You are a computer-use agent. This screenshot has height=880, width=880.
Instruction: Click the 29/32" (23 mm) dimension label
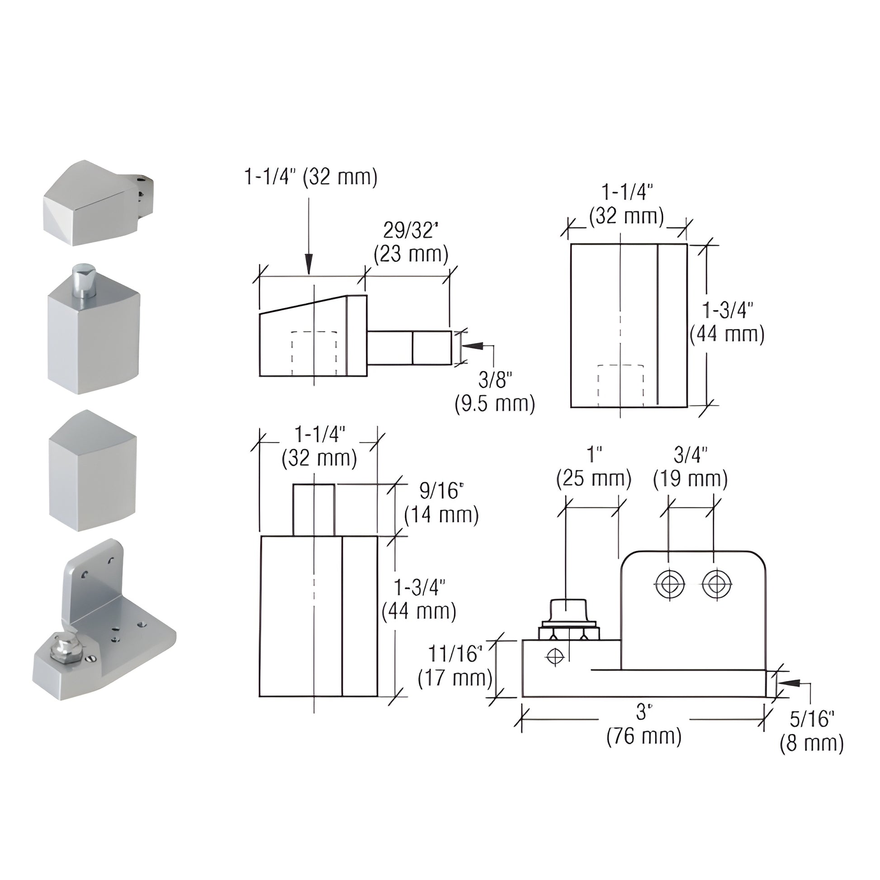click(411, 243)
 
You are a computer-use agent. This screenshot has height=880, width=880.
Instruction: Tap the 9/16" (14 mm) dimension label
click(441, 503)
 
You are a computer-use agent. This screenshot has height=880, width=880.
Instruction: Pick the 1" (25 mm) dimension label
click(593, 467)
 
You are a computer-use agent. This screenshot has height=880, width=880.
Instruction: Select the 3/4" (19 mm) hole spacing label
click(690, 467)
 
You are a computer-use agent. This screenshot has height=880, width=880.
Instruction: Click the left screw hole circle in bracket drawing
click(670, 584)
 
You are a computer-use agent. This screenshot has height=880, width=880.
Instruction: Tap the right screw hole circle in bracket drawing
click(716, 584)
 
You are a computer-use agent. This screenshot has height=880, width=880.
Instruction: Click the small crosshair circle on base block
click(555, 656)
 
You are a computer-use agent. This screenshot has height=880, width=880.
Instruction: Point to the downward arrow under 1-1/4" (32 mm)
click(309, 264)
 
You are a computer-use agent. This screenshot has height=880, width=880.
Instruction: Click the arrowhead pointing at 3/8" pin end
click(471, 346)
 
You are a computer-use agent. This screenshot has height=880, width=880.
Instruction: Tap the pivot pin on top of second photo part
click(82, 279)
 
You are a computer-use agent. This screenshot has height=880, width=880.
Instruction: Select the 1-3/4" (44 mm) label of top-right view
click(727, 322)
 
